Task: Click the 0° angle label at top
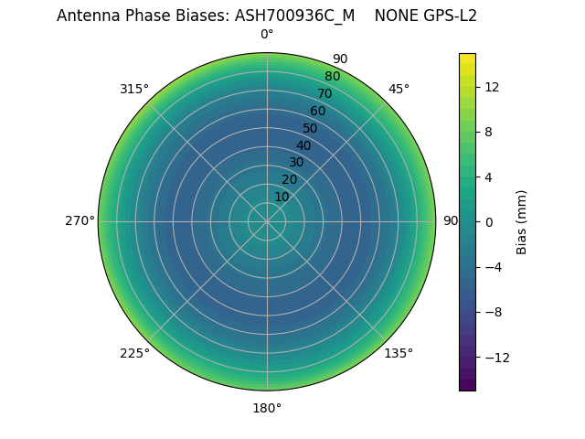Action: click(267, 35)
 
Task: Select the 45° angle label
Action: click(399, 89)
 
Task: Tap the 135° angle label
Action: click(399, 353)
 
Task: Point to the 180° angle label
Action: click(267, 408)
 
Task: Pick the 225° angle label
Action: click(134, 353)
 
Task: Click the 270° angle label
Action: click(80, 220)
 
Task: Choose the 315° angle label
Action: click(134, 89)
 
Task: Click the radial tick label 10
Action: click(282, 197)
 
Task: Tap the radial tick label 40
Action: click(303, 145)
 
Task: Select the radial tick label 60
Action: click(317, 111)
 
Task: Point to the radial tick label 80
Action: click(332, 76)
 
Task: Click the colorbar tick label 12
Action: click(491, 87)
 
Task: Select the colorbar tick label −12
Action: click(495, 357)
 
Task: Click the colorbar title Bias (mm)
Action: click(522, 221)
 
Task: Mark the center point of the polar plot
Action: click(267, 221)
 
